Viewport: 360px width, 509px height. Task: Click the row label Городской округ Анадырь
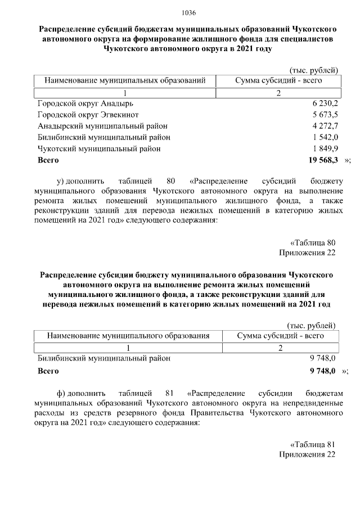[x=85, y=104]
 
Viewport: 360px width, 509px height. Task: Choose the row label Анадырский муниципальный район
[x=102, y=127]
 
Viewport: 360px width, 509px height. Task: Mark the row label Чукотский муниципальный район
[x=99, y=149]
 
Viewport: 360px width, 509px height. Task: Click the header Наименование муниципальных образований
[x=125, y=81]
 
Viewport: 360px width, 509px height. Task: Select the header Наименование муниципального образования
[x=128, y=336]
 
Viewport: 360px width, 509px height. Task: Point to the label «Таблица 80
[x=313, y=243]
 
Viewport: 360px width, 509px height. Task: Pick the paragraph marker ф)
[x=61, y=391]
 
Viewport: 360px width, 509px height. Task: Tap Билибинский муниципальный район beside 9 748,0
[x=103, y=358]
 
